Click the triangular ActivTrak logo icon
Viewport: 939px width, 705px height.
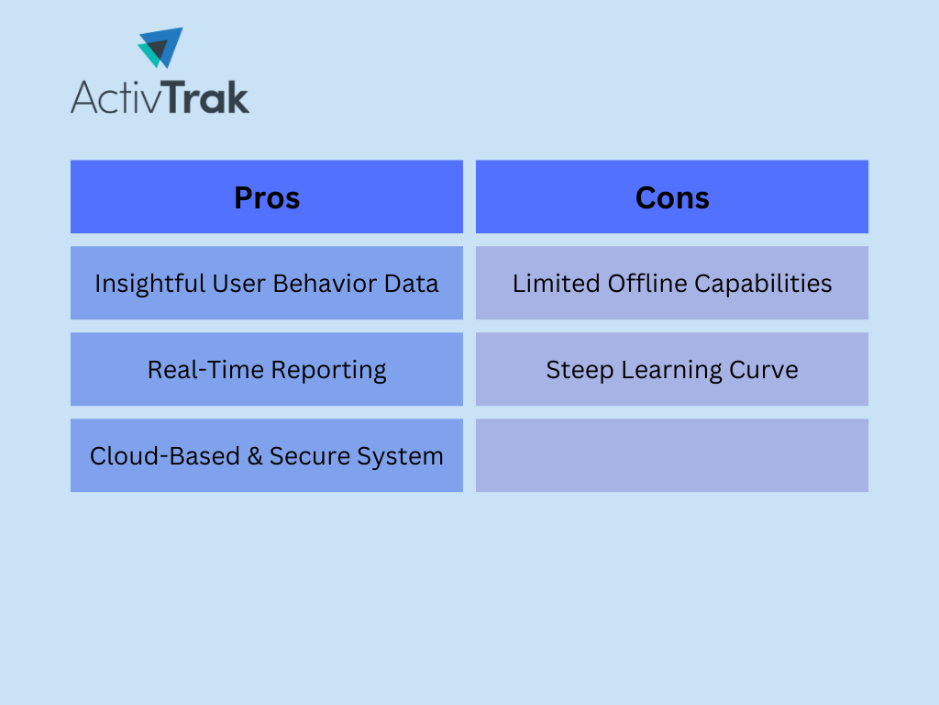coord(160,48)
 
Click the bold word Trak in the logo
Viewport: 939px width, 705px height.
coord(205,97)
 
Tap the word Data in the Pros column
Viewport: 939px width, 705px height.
coord(412,283)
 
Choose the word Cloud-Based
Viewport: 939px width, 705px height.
coord(165,455)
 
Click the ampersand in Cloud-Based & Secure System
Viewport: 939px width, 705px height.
coord(255,456)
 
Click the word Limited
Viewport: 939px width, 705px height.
coord(557,283)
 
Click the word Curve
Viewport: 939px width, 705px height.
coord(764,370)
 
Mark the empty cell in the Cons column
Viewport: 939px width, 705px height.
coord(672,455)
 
